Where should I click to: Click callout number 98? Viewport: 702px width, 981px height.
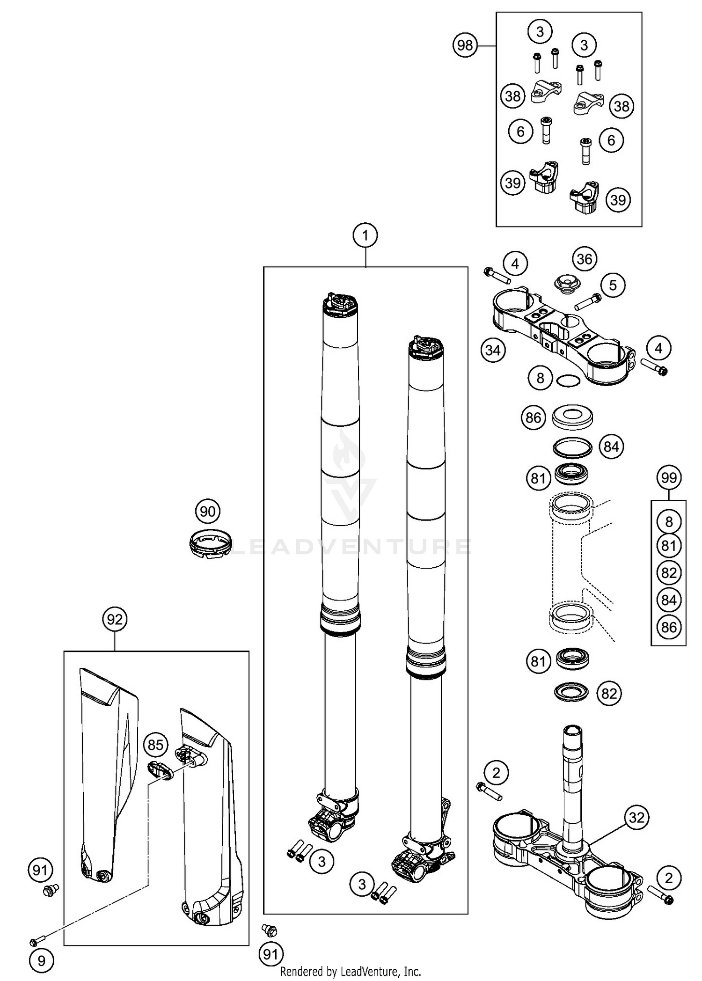coord(465,45)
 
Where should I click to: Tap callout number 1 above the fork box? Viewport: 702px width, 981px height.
coord(365,235)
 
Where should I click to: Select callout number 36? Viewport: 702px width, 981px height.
coord(585,259)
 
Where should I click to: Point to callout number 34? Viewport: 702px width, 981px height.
coord(493,350)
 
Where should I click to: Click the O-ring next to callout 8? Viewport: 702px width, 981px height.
coord(568,381)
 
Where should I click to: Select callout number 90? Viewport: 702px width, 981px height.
coord(207,511)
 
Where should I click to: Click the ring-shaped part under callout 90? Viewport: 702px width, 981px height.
coord(211,543)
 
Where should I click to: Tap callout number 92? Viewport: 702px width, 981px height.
coord(115,619)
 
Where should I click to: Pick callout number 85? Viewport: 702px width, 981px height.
coord(155,744)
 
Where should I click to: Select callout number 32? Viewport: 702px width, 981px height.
coord(636,818)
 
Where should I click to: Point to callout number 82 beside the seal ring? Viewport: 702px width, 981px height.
coord(609,693)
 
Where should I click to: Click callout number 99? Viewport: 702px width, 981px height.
coord(668,477)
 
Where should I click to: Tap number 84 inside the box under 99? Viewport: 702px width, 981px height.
coord(669,600)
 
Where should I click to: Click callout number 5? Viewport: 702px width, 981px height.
coord(613,285)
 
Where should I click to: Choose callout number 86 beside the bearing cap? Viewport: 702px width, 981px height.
coord(533,417)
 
